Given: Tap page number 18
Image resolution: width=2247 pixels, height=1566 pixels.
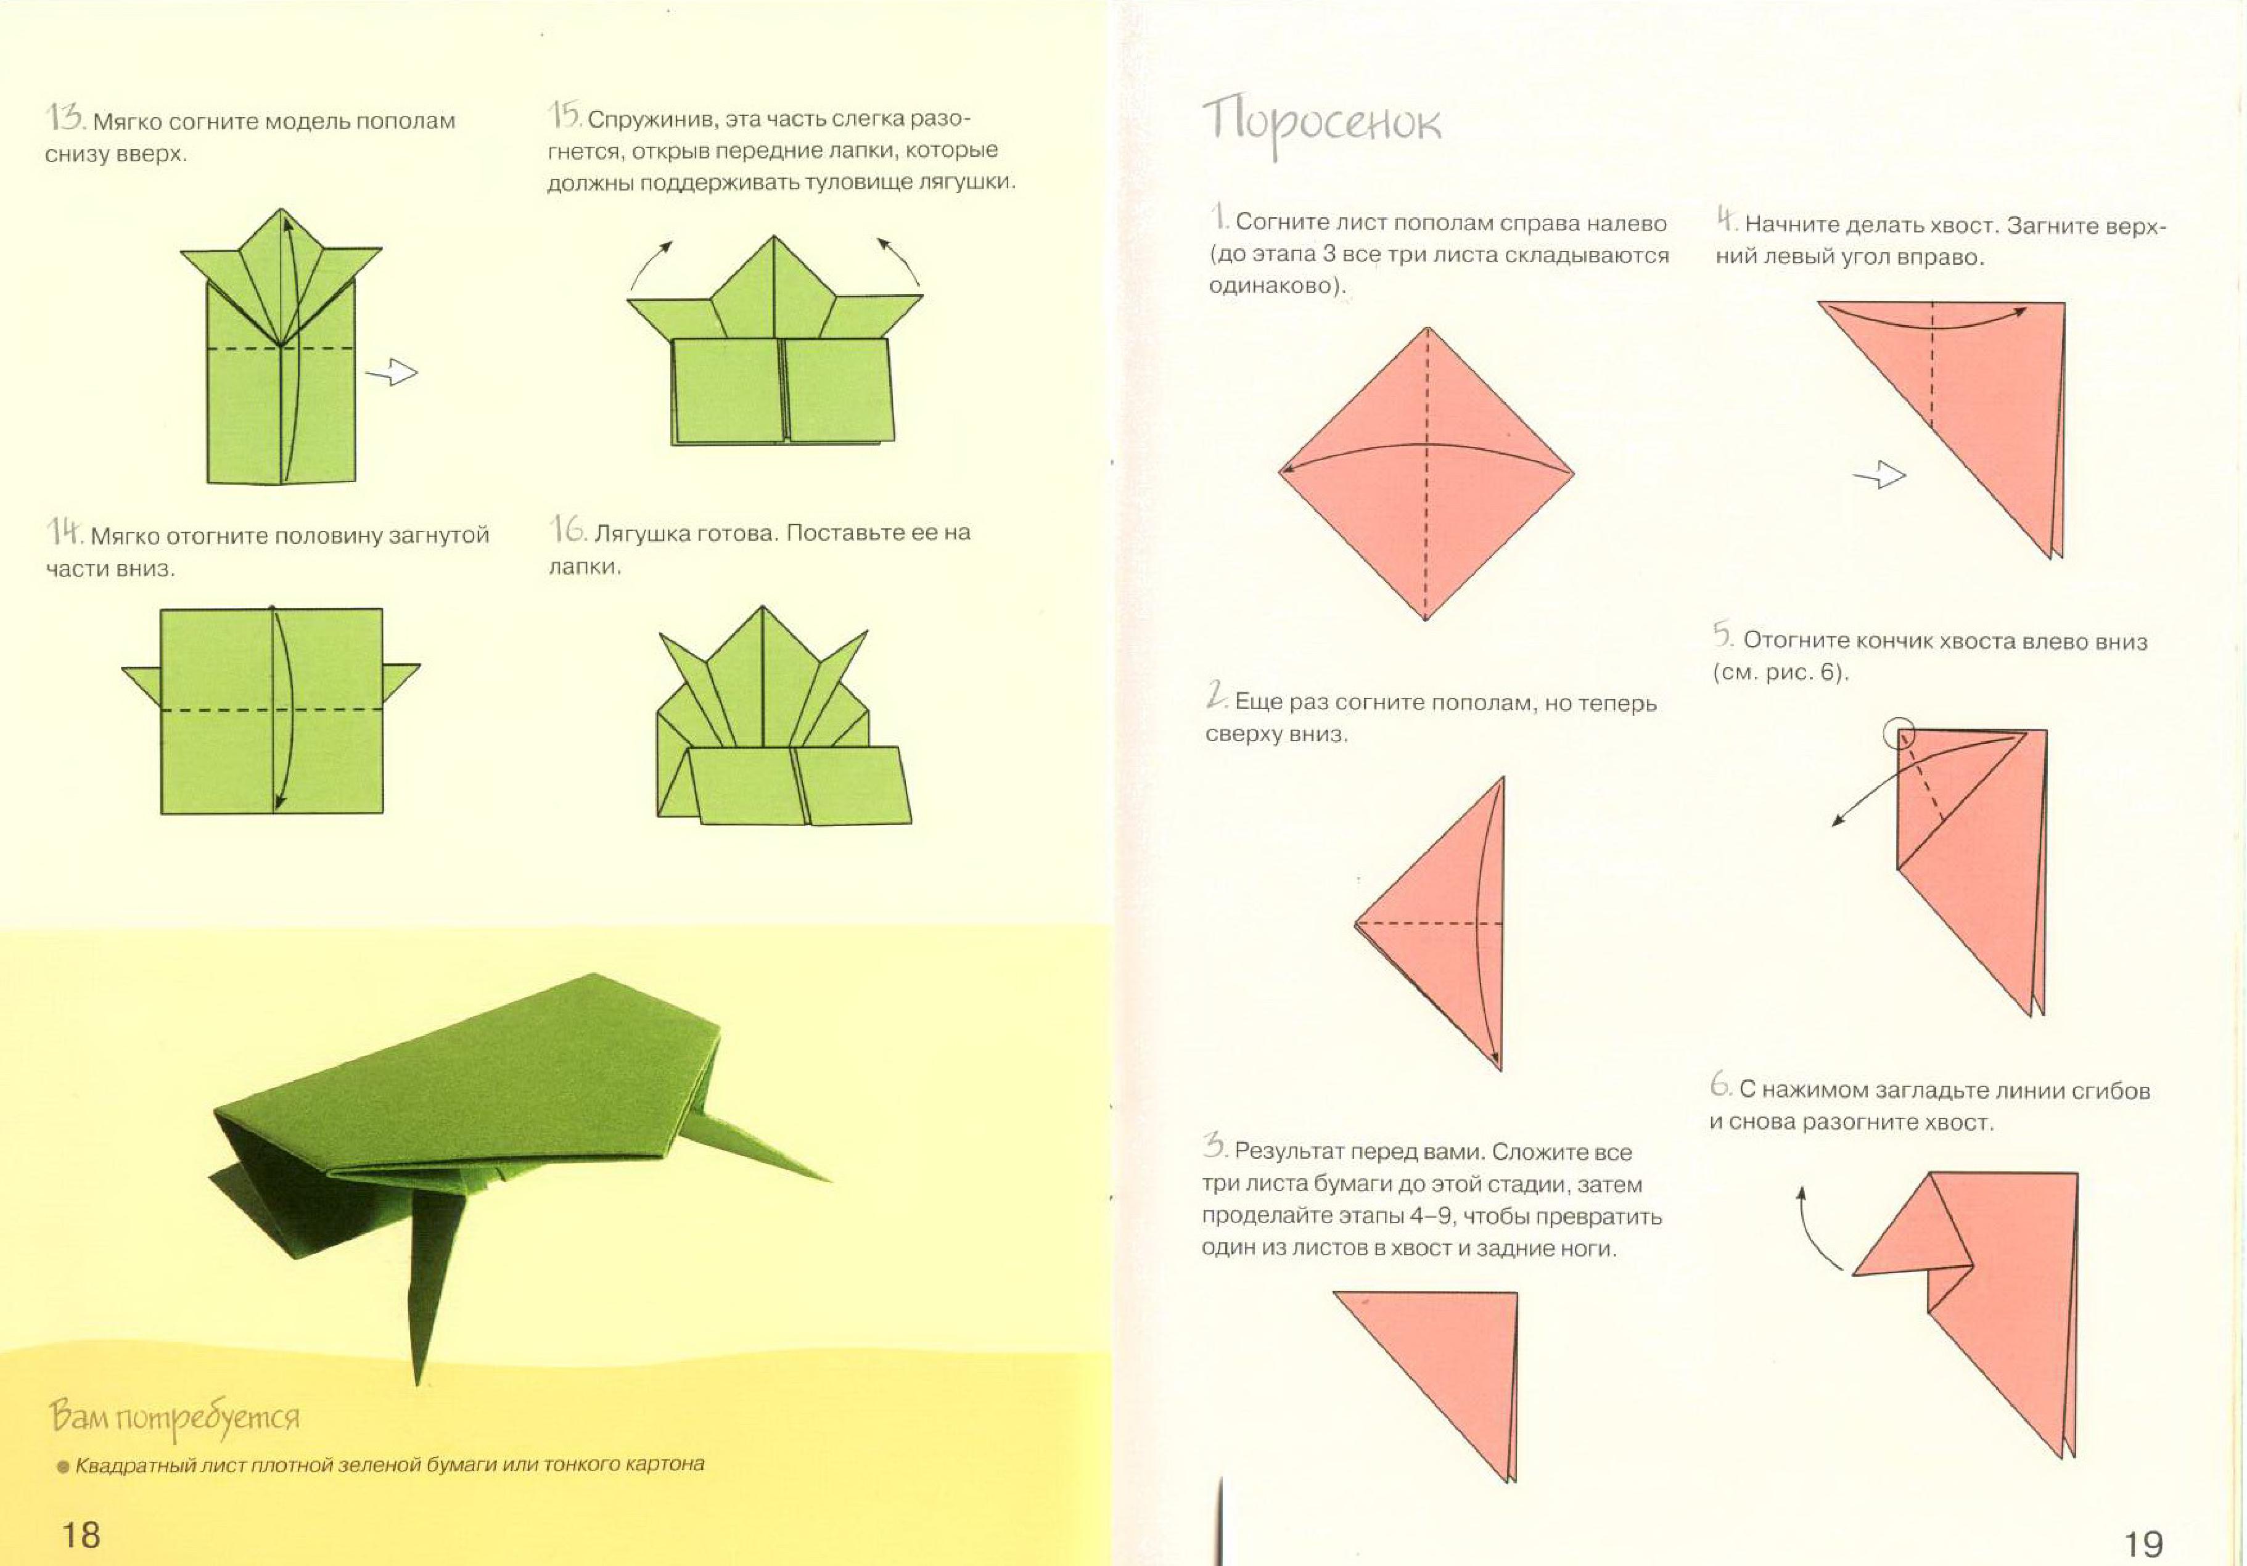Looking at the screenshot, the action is [81, 1534].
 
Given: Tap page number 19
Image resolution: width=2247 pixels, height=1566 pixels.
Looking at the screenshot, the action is [2143, 1543].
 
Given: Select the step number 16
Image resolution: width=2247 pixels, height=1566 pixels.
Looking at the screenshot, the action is [568, 530].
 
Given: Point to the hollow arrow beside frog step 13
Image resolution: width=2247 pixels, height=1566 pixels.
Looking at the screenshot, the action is [392, 372].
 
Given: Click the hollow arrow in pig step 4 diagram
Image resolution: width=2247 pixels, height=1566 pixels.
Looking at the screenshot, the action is [1880, 476].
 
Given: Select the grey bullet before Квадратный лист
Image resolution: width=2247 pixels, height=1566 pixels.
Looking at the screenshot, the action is [64, 1466].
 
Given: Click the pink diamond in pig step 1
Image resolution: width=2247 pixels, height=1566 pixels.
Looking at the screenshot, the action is [1426, 473].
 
